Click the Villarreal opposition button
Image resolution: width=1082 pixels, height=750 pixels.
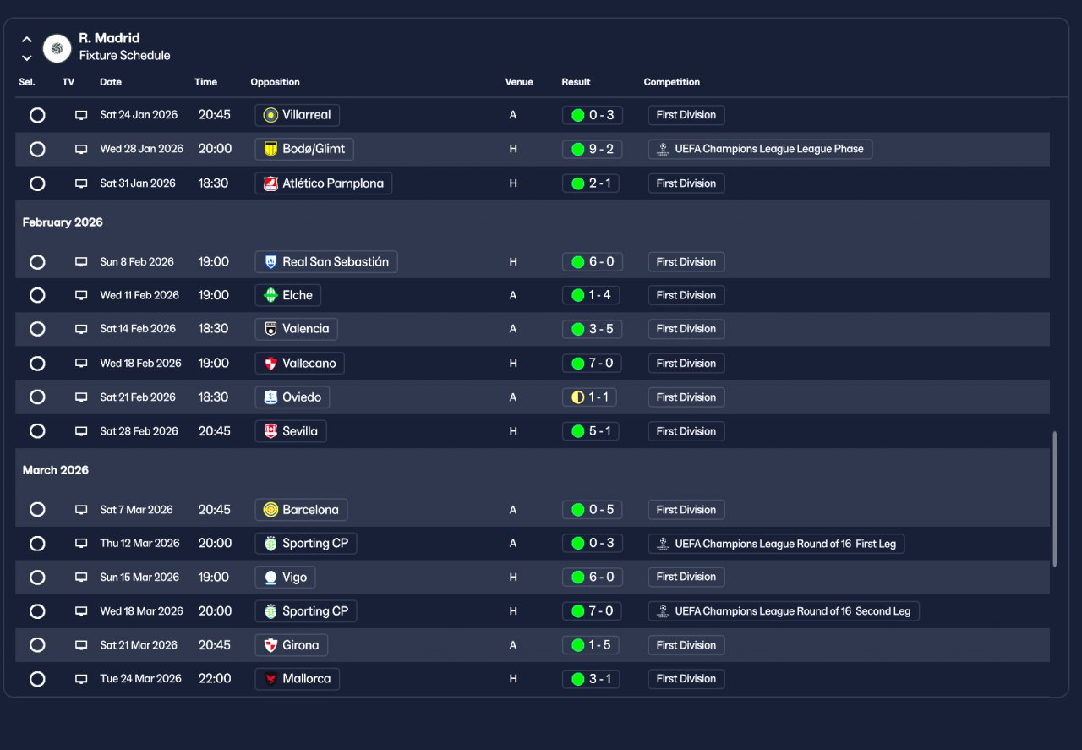[x=297, y=115]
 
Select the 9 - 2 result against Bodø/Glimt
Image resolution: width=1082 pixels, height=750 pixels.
[x=593, y=149]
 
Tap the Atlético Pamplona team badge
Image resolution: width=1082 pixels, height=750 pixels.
[x=270, y=183]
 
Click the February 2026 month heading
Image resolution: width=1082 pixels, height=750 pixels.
[x=63, y=222]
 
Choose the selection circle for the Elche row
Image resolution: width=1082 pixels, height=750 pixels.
[x=37, y=295]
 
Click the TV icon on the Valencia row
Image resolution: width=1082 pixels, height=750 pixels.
[x=81, y=329]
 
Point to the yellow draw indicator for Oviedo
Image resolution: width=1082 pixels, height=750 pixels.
[x=577, y=397]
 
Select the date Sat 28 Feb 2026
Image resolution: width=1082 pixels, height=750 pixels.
[x=139, y=431]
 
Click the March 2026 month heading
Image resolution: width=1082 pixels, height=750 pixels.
[x=56, y=470]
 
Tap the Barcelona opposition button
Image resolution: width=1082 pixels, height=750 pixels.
[x=301, y=510]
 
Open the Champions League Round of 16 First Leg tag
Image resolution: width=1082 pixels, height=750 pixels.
[x=776, y=544]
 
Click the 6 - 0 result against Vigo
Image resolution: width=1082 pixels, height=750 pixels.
[x=593, y=577]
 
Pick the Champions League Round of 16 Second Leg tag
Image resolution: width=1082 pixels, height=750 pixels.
[x=784, y=611]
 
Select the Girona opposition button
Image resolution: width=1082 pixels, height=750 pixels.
[x=292, y=645]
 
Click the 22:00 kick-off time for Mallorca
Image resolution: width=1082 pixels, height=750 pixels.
[x=215, y=678]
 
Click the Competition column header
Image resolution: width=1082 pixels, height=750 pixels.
[x=671, y=82]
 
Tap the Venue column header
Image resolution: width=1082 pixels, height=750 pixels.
[x=519, y=82]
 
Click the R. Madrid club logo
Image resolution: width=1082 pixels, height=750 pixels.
[x=57, y=48]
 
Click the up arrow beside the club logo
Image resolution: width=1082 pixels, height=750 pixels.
[x=27, y=39]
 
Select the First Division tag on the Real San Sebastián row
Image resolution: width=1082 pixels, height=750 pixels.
[x=686, y=262]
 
